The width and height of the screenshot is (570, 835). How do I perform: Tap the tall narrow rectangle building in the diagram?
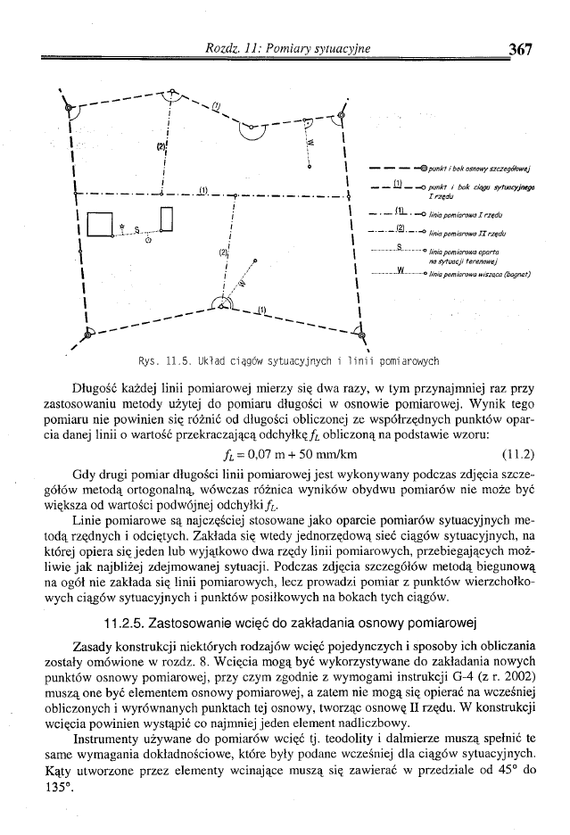pos(167,218)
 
